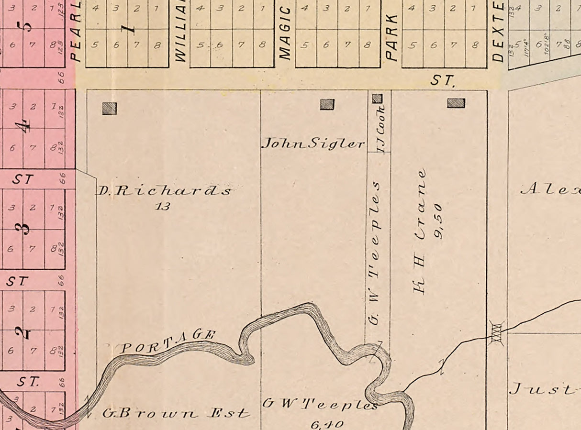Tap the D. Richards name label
[164, 191]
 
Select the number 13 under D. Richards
[163, 207]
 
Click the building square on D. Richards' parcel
[110, 109]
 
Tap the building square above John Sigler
[327, 104]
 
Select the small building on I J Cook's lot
[377, 99]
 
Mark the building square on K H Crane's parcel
[456, 102]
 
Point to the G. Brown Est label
[176, 413]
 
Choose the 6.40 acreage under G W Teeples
[326, 424]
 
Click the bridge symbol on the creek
[497, 333]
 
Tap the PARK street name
[392, 37]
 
